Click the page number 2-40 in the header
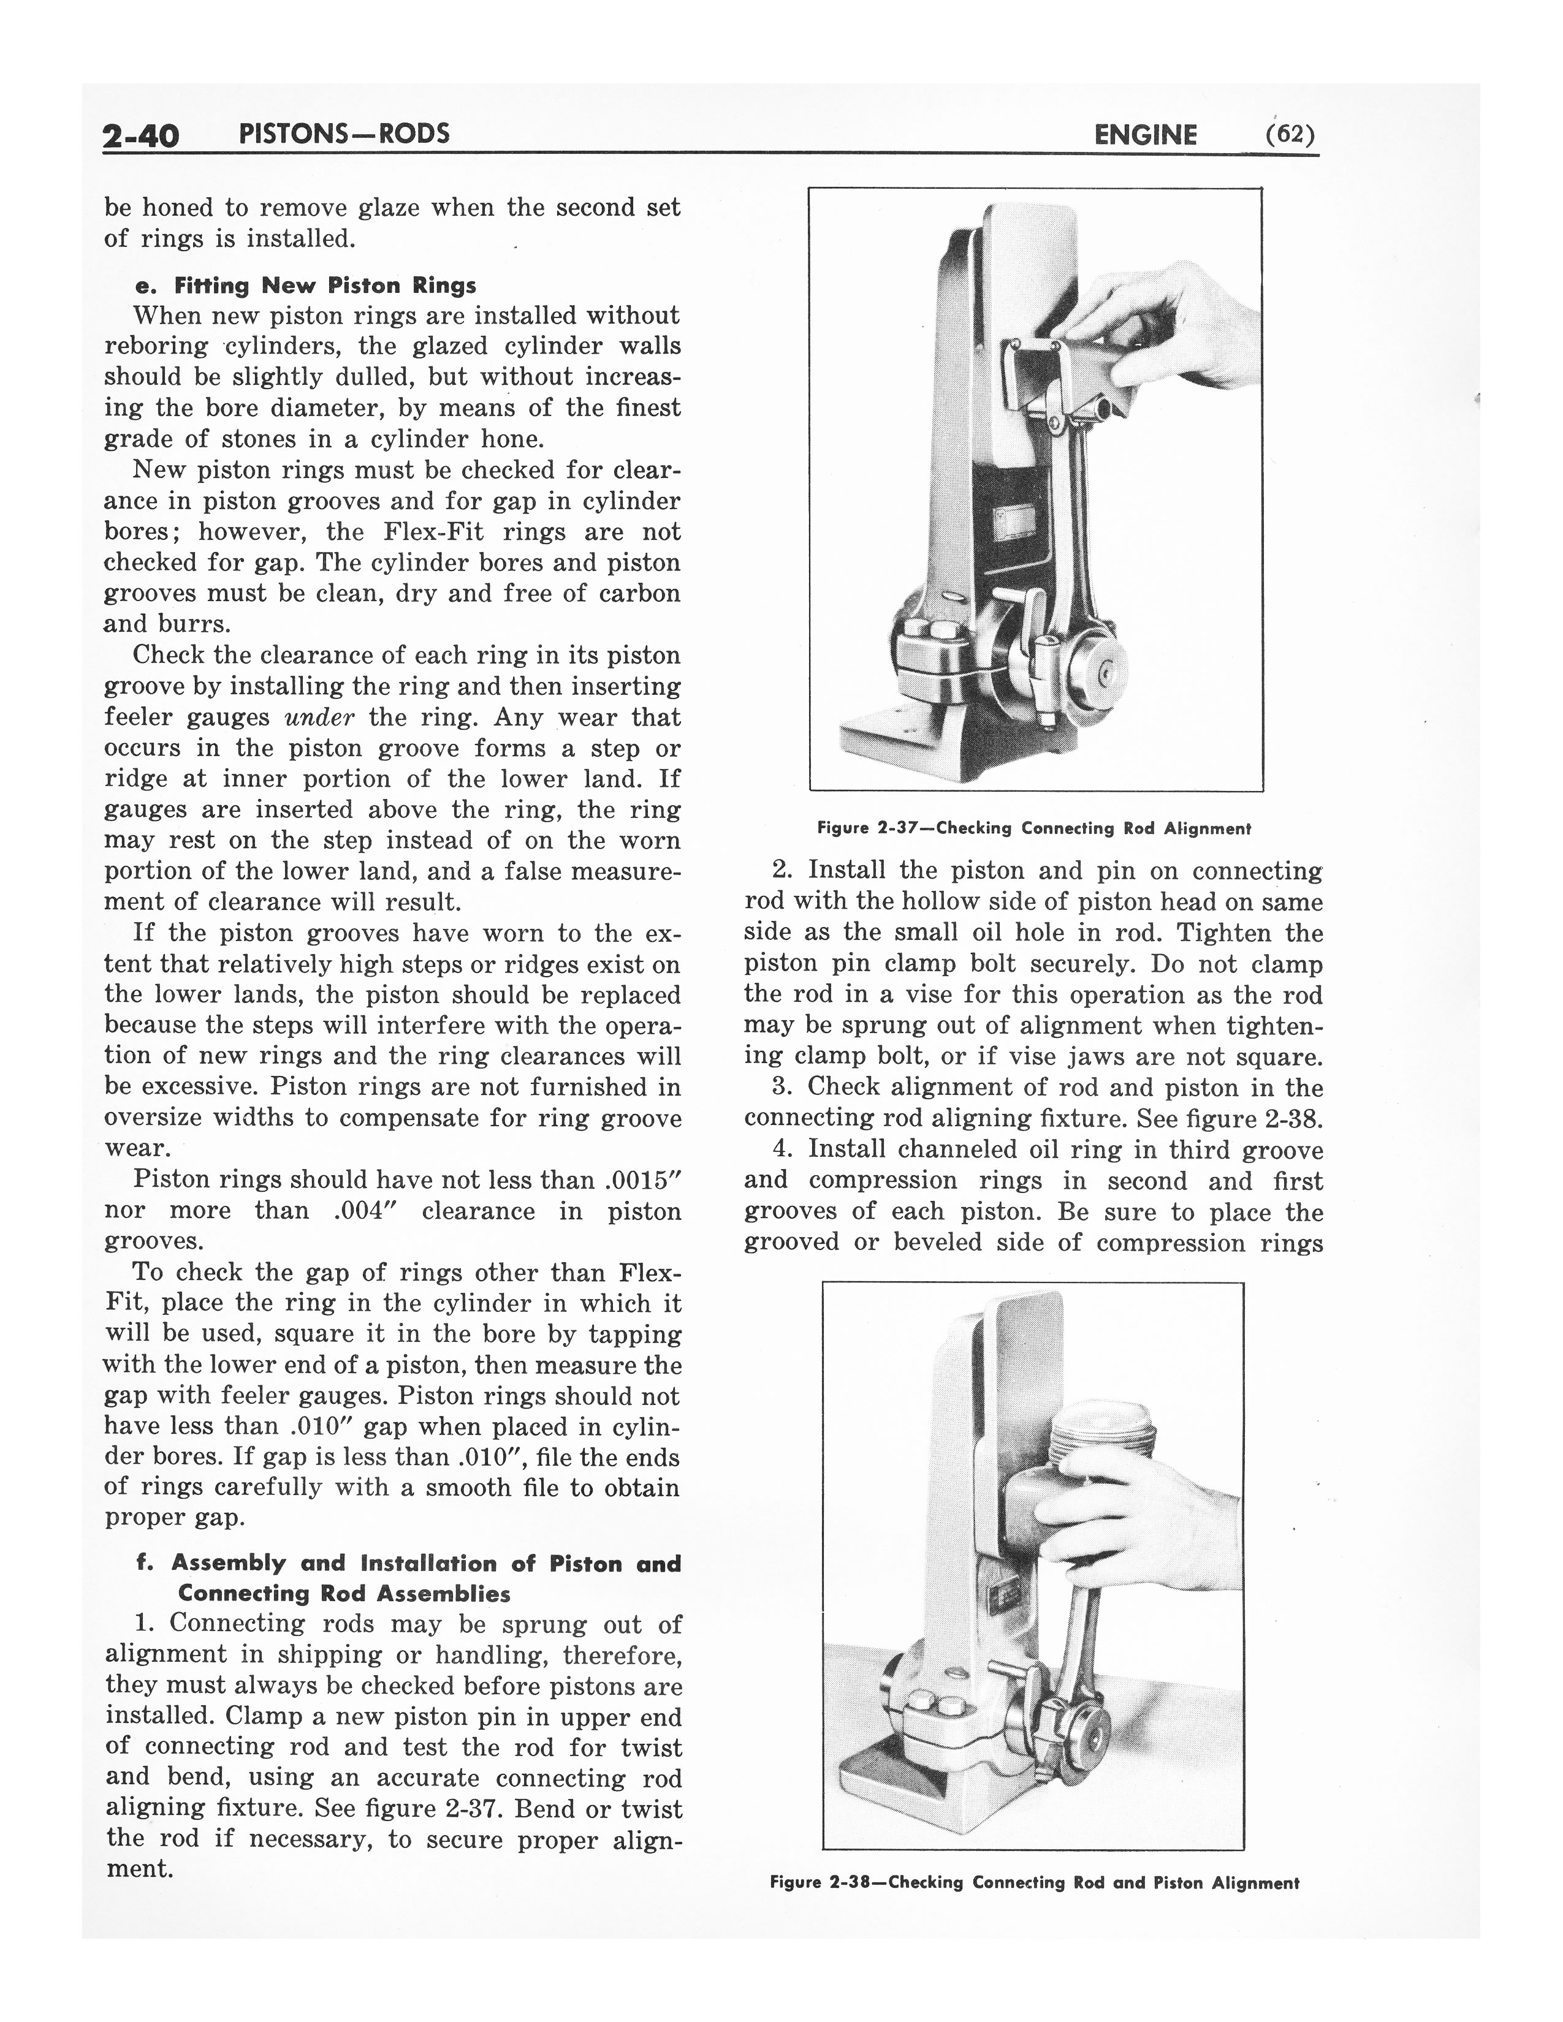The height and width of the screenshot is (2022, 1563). tap(141, 136)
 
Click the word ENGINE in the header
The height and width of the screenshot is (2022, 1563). tap(1146, 136)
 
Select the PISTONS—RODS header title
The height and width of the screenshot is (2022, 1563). tap(343, 134)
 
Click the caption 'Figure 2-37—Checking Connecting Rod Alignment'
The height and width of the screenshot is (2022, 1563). tap(1033, 828)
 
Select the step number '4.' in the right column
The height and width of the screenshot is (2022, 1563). tap(785, 1149)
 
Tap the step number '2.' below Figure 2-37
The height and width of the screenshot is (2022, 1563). tap(783, 870)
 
